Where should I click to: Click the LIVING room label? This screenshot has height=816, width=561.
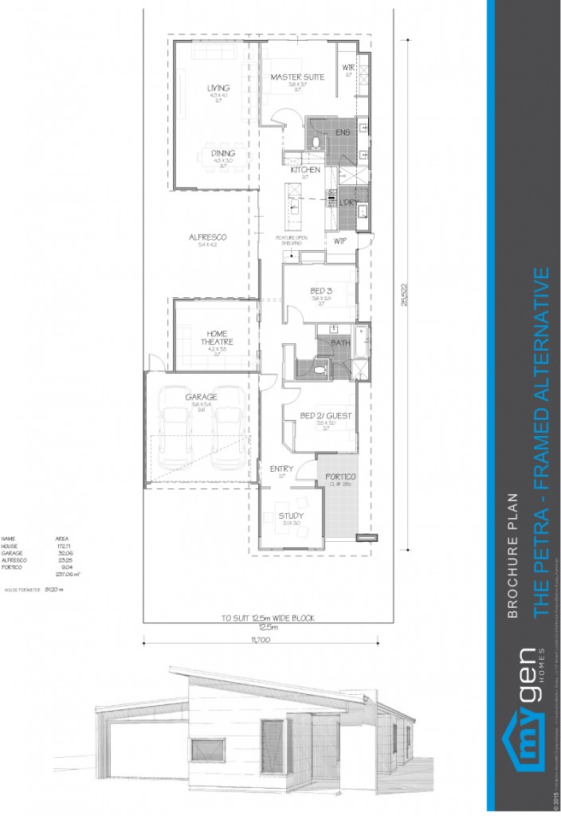218,88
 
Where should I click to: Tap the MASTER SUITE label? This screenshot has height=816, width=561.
296,77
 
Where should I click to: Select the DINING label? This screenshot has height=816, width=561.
218,154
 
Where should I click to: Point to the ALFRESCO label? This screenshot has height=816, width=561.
207,237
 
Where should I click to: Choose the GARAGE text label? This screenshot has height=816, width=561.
201,397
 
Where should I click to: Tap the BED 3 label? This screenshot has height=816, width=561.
321,291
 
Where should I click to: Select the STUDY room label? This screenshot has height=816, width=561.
291,516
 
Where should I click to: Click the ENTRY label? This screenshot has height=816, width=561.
281,469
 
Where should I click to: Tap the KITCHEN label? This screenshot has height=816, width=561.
305,170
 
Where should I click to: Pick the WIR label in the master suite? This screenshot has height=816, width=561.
348,67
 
